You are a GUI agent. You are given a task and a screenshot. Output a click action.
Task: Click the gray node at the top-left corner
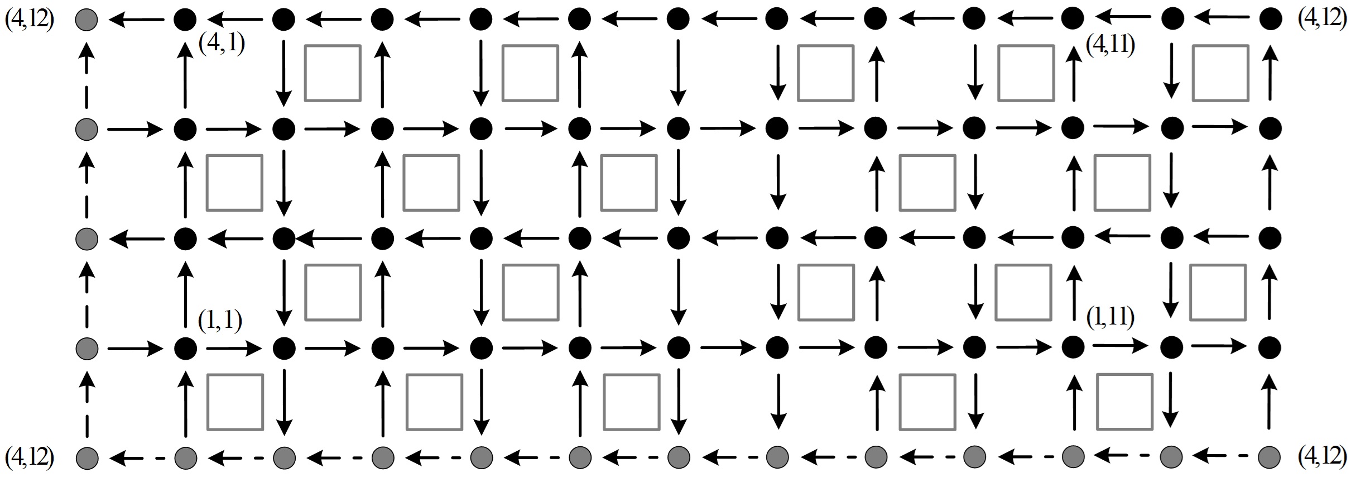coord(86,20)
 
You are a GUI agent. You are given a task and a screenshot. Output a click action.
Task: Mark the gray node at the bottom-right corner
coord(1269,457)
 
